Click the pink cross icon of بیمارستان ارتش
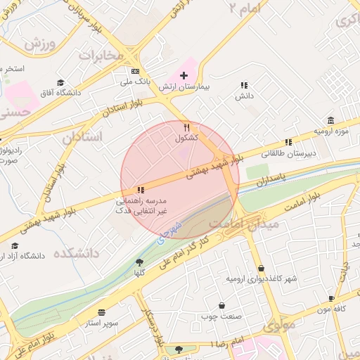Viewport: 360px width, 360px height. [x=184, y=75]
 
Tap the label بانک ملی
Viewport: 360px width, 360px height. [x=136, y=83]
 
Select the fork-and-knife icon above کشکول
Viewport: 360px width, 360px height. [x=186, y=127]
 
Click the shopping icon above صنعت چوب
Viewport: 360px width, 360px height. [x=222, y=306]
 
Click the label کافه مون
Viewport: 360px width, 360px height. [x=333, y=309]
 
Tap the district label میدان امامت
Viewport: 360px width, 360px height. [x=255, y=223]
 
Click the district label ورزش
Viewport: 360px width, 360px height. [x=40, y=41]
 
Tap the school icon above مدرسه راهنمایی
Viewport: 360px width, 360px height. [x=141, y=189]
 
